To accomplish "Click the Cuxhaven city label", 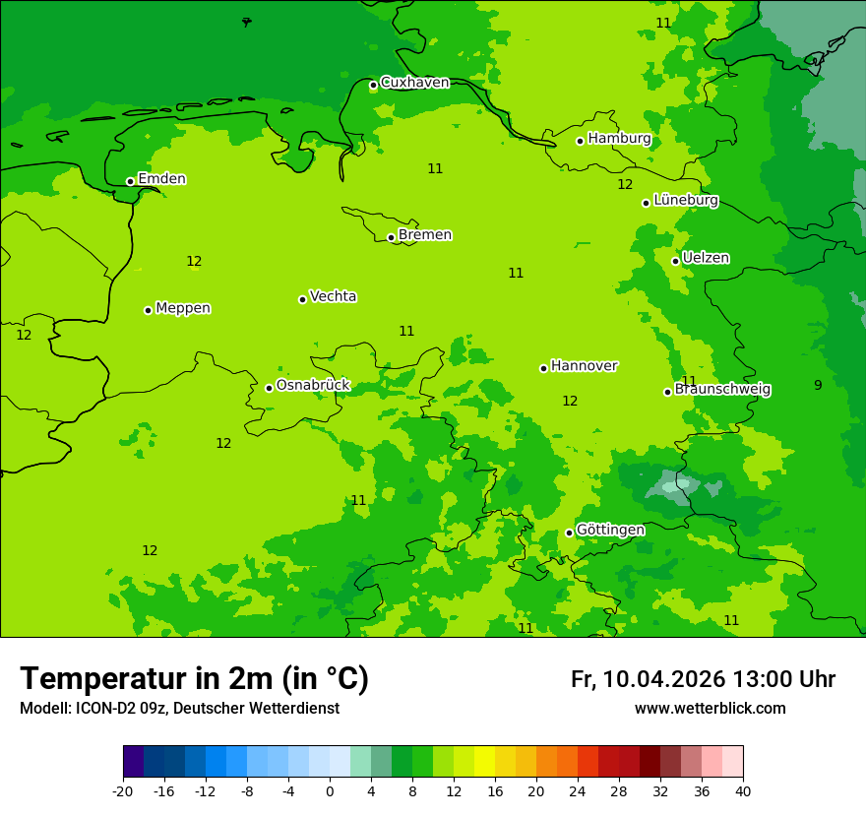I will [414, 83].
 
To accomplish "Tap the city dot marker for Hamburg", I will [581, 141].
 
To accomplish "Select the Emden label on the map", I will [161, 179].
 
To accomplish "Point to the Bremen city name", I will [425, 235].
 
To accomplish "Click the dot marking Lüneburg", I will [647, 203].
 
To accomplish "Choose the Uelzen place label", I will [706, 258].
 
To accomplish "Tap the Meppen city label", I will [183, 308].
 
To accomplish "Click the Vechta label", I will [333, 296].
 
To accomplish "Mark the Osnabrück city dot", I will [269, 388].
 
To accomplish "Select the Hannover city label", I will [584, 366].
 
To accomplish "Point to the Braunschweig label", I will [722, 389].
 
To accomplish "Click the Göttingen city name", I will [610, 530].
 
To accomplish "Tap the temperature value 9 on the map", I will [818, 385].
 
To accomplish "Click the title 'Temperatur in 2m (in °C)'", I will [194, 678].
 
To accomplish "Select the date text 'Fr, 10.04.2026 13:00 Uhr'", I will [703, 679].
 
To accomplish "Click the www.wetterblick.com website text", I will [710, 709].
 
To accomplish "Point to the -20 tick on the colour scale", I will [123, 790].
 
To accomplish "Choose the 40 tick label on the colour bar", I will [743, 790].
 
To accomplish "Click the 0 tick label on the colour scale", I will [330, 790].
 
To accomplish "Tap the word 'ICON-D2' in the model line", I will [105, 709].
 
